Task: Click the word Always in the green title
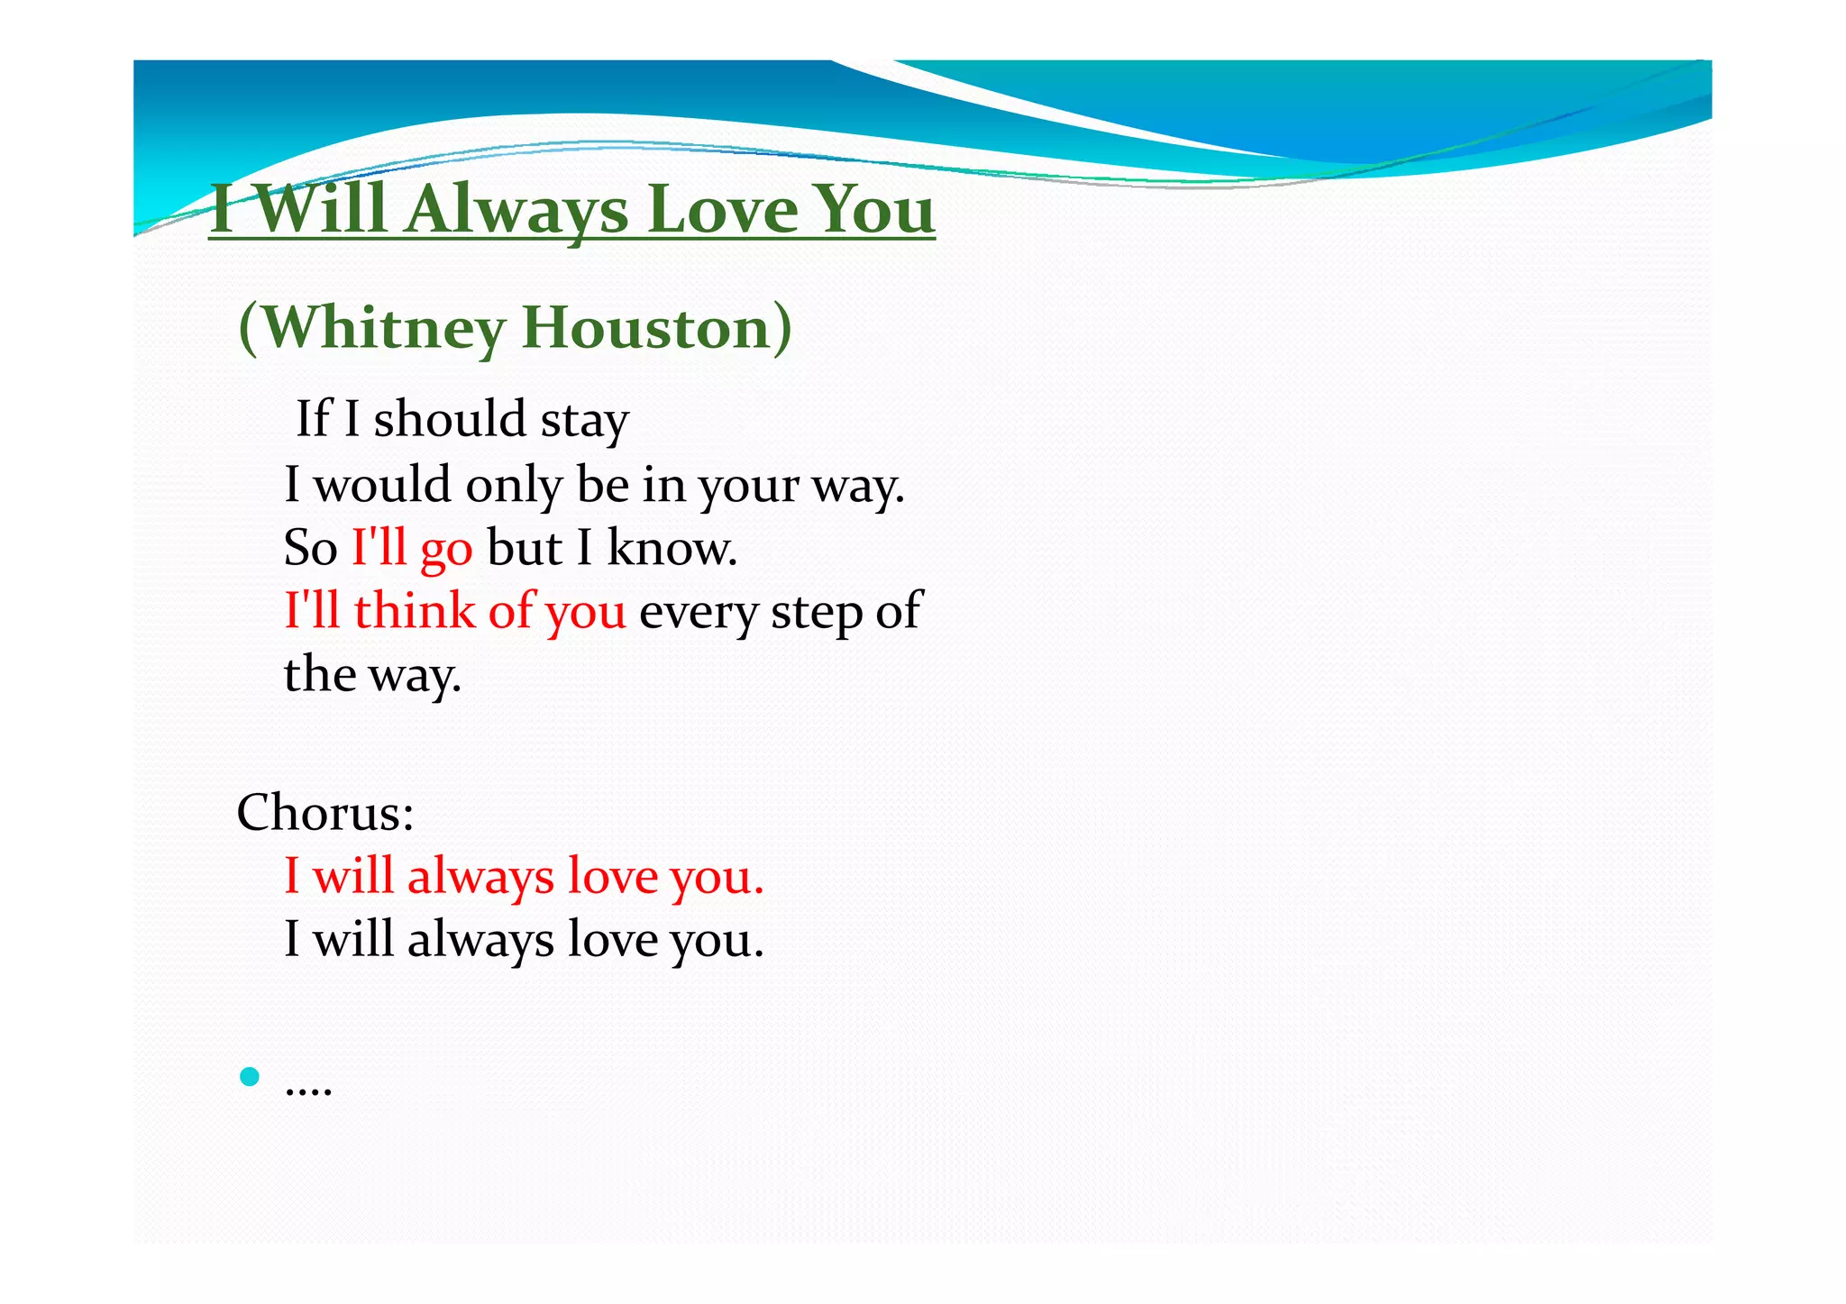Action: pos(516,210)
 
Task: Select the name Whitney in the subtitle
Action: pos(383,328)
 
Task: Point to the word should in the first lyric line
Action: pos(450,419)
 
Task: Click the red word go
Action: pos(446,550)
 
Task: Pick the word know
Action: pos(672,548)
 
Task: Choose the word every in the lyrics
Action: pos(699,613)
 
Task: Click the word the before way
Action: pos(320,674)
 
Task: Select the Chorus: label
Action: pos(325,813)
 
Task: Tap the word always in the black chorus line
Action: pos(480,940)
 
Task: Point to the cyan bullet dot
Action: pos(250,1076)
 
